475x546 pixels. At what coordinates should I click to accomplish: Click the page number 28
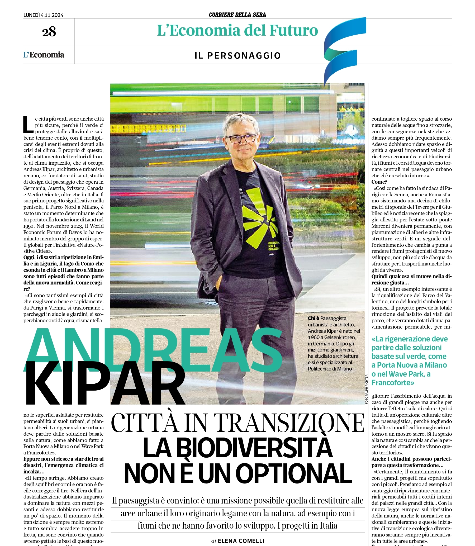coord(49,32)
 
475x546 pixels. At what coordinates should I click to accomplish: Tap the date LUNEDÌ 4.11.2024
coord(43,15)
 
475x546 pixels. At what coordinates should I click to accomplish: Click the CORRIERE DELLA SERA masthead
coord(237,15)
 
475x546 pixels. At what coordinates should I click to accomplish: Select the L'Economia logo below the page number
coord(44,55)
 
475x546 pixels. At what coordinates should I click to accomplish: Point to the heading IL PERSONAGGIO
coord(237,56)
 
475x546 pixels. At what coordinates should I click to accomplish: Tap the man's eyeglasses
coord(241,138)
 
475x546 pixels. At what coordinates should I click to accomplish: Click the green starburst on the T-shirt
coord(258,216)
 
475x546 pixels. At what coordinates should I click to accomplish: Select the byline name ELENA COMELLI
coord(241,541)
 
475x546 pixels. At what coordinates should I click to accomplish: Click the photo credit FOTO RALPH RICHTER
coord(367,389)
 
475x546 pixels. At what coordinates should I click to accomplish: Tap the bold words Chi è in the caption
coord(313,318)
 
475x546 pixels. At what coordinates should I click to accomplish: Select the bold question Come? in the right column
coord(379,182)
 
